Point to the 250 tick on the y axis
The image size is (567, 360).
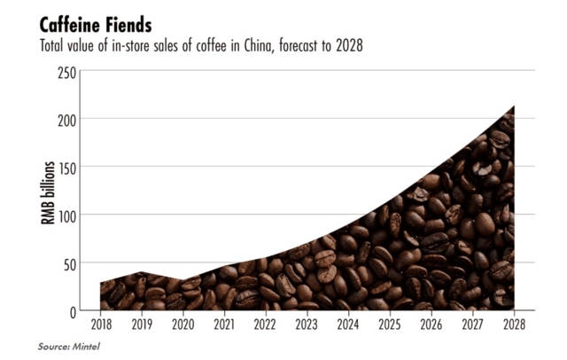65,71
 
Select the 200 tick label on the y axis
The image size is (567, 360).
65,119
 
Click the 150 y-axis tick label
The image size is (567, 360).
65,167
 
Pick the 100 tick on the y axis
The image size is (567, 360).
65,215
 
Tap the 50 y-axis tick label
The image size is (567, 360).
67,262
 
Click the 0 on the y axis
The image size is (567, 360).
70,311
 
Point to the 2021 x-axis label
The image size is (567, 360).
225,325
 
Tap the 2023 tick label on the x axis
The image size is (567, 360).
307,325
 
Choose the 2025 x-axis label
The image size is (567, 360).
390,325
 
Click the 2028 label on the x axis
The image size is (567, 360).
513,325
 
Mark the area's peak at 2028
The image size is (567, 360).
513,107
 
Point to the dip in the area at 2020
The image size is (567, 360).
183,281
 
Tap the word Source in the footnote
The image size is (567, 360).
51,346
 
